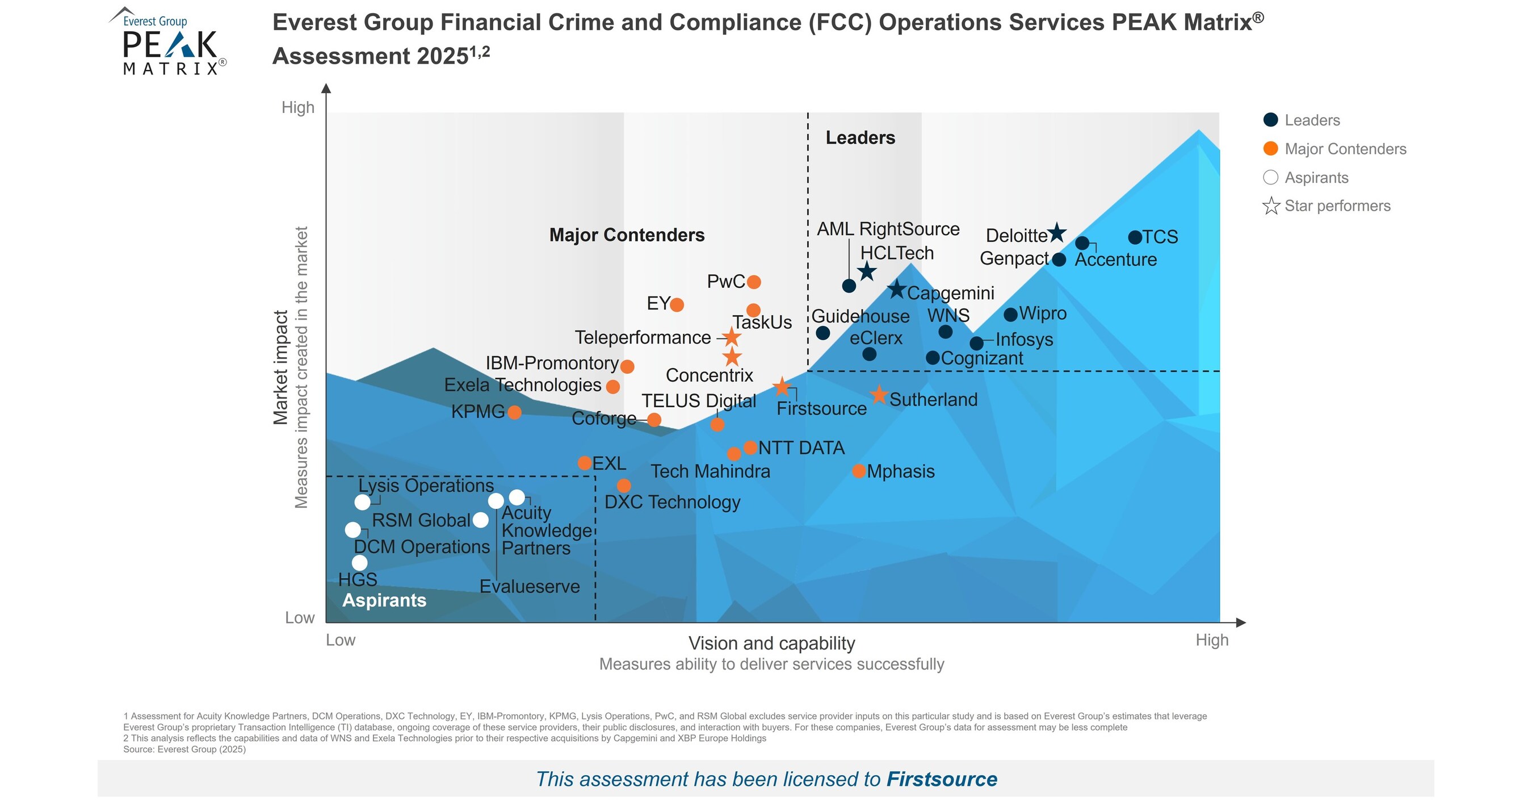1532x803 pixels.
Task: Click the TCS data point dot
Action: pos(1135,237)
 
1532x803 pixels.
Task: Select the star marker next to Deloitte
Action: pos(1057,233)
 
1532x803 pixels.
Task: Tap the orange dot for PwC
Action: pos(753,282)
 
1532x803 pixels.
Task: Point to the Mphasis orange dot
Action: pos(859,471)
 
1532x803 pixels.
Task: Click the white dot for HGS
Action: pos(360,563)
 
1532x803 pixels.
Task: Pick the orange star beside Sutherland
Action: pos(879,395)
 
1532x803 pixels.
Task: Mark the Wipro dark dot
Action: pos(1010,315)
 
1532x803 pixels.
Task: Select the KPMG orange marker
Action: pos(515,412)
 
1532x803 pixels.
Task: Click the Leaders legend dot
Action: pos(1270,120)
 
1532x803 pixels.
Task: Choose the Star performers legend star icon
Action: pos(1271,206)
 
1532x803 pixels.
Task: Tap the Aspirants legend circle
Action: pos(1270,177)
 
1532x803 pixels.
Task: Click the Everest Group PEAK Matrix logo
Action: pos(167,41)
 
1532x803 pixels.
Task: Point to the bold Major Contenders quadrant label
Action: pos(627,235)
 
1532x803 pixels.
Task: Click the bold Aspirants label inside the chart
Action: pos(384,600)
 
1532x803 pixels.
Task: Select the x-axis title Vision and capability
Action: pos(771,643)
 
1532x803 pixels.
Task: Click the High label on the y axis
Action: pos(298,108)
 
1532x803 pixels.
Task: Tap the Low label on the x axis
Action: pos(340,640)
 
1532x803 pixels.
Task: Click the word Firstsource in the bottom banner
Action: pos(942,779)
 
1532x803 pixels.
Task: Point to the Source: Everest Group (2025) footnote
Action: pos(184,750)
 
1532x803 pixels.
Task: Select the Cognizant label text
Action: pos(982,358)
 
